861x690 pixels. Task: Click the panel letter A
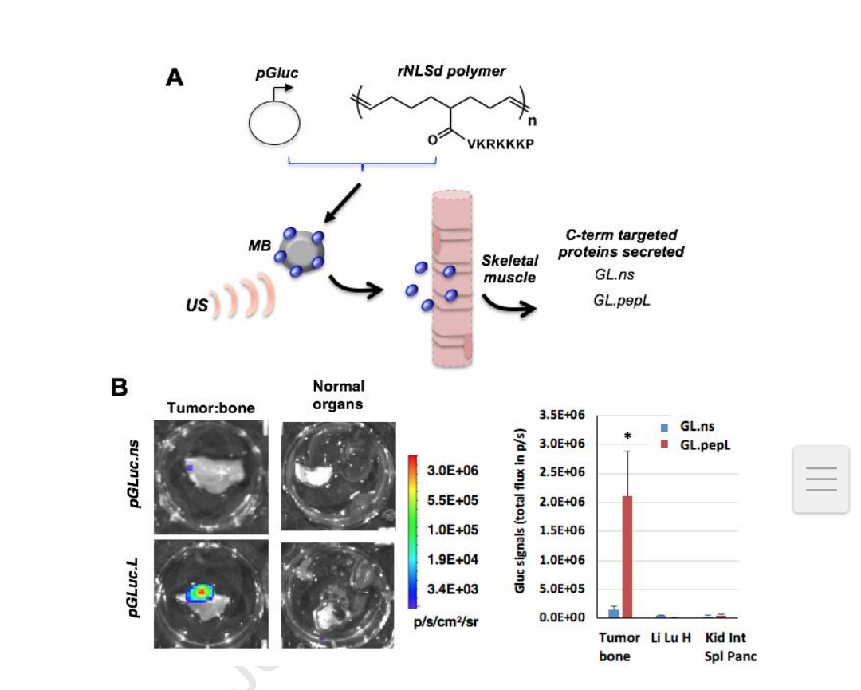pyautogui.click(x=175, y=77)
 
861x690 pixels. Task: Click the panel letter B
pyautogui.click(x=119, y=388)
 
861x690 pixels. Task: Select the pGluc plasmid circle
pyautogui.click(x=274, y=123)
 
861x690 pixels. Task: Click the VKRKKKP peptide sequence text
pyautogui.click(x=500, y=144)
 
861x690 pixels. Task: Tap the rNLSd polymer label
pyautogui.click(x=451, y=71)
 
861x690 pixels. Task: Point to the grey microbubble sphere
pyautogui.click(x=301, y=252)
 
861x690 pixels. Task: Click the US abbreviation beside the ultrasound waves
pyautogui.click(x=197, y=305)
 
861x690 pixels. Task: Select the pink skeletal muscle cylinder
pyautogui.click(x=452, y=278)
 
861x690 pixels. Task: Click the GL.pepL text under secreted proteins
pyautogui.click(x=622, y=301)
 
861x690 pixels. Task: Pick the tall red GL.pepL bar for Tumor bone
pyautogui.click(x=627, y=557)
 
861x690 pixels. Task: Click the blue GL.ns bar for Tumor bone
pyautogui.click(x=614, y=613)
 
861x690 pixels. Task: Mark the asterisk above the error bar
pyautogui.click(x=627, y=436)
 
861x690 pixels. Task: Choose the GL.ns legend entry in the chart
pyautogui.click(x=687, y=426)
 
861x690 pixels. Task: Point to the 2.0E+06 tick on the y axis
pyautogui.click(x=562, y=502)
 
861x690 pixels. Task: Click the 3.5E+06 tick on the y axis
pyautogui.click(x=562, y=415)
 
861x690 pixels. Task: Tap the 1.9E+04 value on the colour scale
pyautogui.click(x=453, y=560)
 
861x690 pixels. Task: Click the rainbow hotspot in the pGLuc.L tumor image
pyautogui.click(x=202, y=593)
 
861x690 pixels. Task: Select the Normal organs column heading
pyautogui.click(x=338, y=395)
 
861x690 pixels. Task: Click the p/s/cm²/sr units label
pyautogui.click(x=446, y=622)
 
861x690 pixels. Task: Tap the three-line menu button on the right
pyautogui.click(x=821, y=479)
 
